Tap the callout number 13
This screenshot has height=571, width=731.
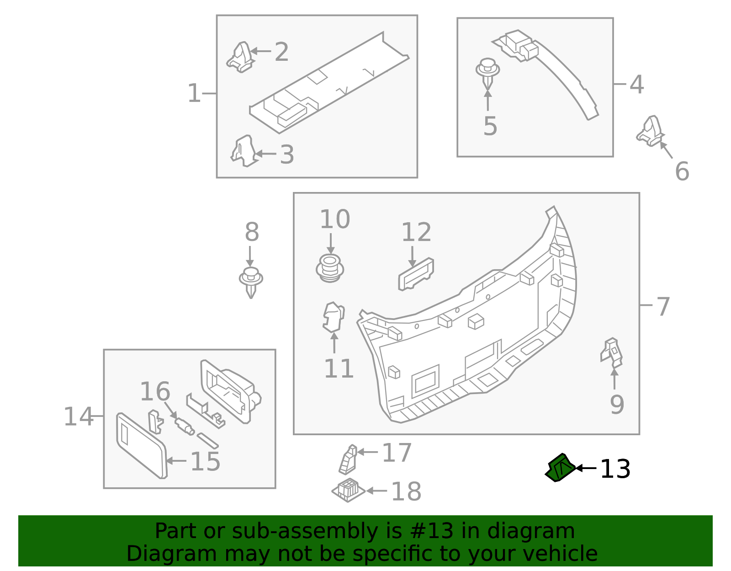coord(615,469)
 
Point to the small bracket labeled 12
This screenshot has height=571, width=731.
coord(416,274)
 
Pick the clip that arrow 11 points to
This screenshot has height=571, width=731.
coord(333,317)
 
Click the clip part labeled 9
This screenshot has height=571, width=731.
coord(612,352)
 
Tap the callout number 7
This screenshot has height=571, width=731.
coord(663,306)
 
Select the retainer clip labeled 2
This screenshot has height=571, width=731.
coord(240,58)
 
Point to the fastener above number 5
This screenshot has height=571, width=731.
coord(487,72)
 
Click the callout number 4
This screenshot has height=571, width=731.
coord(636,85)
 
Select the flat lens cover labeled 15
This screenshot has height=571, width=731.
coord(141,446)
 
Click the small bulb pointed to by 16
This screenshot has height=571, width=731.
coord(185,426)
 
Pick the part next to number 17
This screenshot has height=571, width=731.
coord(348,460)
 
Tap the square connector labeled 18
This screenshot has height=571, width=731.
coord(348,490)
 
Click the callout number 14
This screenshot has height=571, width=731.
coord(78,416)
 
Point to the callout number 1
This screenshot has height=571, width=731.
coord(194,93)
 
